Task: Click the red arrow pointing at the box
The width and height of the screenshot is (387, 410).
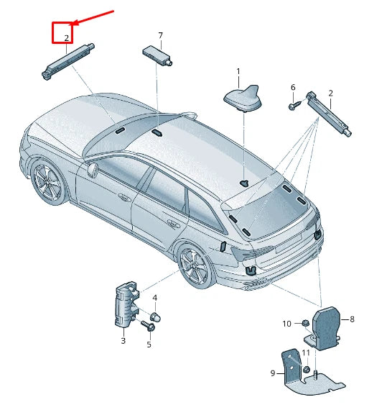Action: [x=93, y=17]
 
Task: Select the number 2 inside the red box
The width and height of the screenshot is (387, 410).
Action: [x=67, y=38]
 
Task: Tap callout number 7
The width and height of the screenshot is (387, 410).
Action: [x=161, y=35]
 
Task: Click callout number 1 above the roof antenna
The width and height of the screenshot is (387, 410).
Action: [x=238, y=71]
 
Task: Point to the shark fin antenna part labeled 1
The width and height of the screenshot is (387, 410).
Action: [x=243, y=99]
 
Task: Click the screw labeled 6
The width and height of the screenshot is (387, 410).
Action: [x=295, y=105]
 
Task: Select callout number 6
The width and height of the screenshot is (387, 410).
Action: [x=293, y=87]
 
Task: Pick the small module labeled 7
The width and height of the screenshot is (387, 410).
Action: [x=157, y=55]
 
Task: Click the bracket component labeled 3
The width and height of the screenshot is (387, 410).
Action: [x=126, y=304]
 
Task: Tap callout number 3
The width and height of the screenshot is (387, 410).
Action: [x=123, y=341]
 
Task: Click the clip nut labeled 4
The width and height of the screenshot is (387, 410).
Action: [x=155, y=317]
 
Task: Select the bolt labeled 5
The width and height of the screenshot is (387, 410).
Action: [x=148, y=326]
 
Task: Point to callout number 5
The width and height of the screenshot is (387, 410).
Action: [x=149, y=345]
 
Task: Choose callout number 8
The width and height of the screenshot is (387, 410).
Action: [x=352, y=319]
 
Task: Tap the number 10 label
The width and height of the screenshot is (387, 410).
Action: [x=286, y=324]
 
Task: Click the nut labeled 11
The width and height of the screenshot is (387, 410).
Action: [x=307, y=370]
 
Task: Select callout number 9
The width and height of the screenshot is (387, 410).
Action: [x=273, y=373]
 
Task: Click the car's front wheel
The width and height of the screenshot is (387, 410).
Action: [x=48, y=183]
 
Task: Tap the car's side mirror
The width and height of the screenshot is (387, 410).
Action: [x=93, y=169]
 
